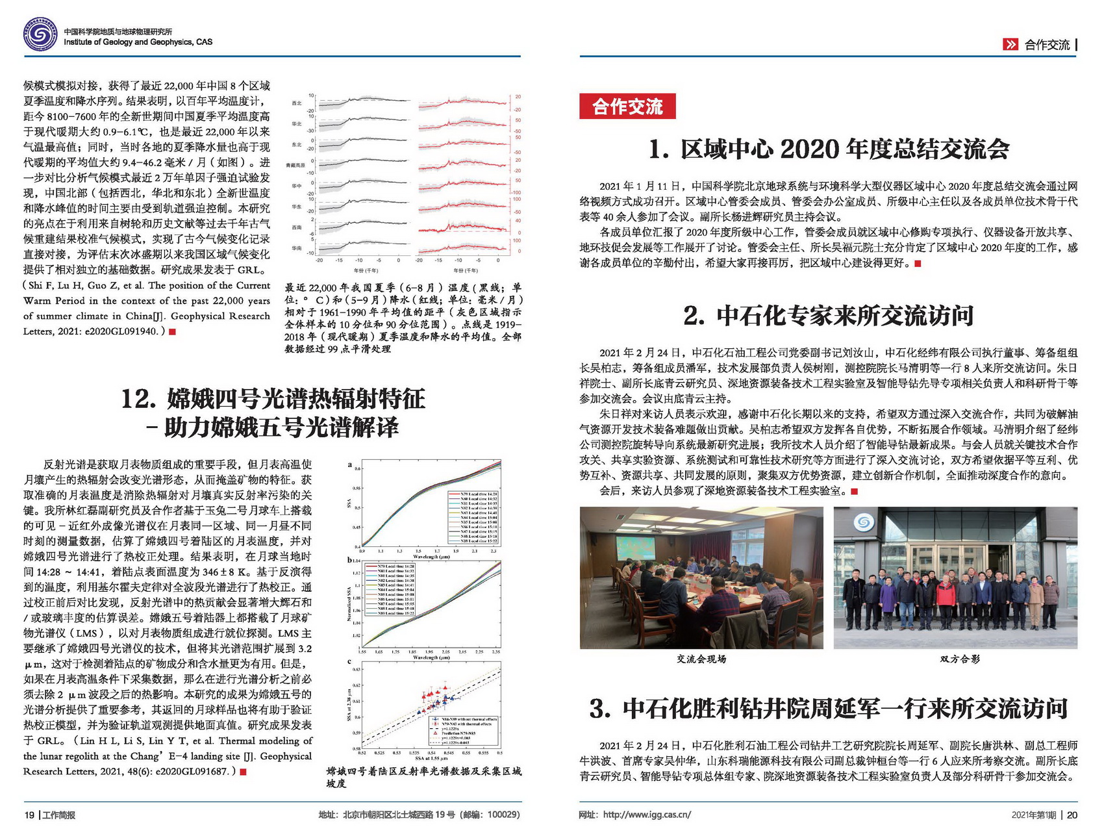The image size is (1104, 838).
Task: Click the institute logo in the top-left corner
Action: (x=40, y=34)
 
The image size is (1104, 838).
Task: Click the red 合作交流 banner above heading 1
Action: (x=627, y=107)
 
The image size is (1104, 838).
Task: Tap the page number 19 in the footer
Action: (x=29, y=815)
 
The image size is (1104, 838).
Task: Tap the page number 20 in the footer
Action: (x=1072, y=815)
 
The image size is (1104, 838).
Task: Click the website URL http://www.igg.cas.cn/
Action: (x=646, y=815)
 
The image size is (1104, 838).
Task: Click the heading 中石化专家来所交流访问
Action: (x=845, y=316)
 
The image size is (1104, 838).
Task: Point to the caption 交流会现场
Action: (x=701, y=659)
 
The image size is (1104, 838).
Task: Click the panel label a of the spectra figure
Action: (x=350, y=464)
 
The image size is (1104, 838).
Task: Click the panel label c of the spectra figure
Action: (x=350, y=661)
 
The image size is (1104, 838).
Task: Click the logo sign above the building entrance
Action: (x=863, y=522)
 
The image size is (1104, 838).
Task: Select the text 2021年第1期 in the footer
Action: (x=1033, y=815)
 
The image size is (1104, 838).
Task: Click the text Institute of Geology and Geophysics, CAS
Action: (x=138, y=42)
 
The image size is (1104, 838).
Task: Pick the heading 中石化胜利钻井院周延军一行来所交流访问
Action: (x=845, y=708)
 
